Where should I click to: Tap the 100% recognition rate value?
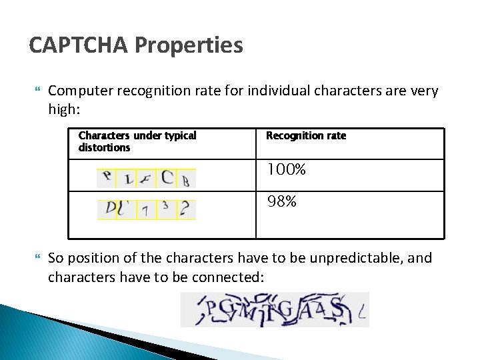tap(286, 170)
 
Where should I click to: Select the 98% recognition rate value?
tap(282, 201)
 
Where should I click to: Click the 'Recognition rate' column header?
tap(306, 135)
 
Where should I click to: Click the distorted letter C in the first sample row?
tap(167, 177)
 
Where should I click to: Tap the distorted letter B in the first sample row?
tap(186, 180)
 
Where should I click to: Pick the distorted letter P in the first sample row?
tap(106, 177)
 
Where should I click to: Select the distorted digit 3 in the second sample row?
tap(165, 206)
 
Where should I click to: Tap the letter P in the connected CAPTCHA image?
tap(210, 309)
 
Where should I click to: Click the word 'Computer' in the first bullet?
tap(81, 91)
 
